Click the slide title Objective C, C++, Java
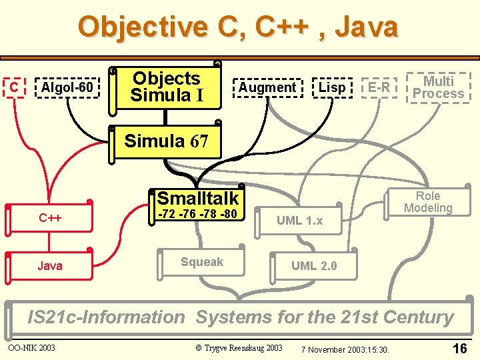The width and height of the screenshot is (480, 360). click(238, 27)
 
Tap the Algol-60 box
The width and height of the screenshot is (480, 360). click(67, 87)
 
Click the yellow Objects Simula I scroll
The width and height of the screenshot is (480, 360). click(166, 87)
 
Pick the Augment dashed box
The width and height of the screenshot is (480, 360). click(267, 87)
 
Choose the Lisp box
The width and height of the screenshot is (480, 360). click(332, 87)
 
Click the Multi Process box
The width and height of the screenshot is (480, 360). click(438, 87)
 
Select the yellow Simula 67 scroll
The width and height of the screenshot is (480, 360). click(166, 141)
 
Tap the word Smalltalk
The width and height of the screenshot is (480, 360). click(198, 198)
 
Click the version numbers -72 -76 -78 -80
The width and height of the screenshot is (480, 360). click(198, 215)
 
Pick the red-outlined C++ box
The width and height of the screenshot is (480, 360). click(50, 217)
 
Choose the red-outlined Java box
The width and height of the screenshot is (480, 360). click(50, 265)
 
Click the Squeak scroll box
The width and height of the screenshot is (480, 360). click(202, 263)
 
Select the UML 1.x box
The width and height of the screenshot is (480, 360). click(299, 221)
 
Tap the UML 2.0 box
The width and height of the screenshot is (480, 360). click(314, 266)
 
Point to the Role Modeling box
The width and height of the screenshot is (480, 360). click(428, 202)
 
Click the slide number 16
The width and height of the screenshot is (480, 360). click(459, 348)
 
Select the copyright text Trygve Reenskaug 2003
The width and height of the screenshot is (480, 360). click(239, 348)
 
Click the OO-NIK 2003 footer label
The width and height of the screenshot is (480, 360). click(32, 347)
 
